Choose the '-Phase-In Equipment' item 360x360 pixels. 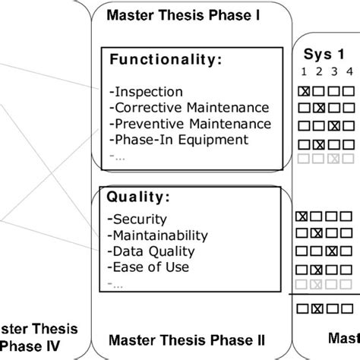(169, 139)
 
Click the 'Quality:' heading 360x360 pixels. (139, 197)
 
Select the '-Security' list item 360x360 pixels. (134, 219)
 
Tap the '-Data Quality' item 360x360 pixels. (152, 251)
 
